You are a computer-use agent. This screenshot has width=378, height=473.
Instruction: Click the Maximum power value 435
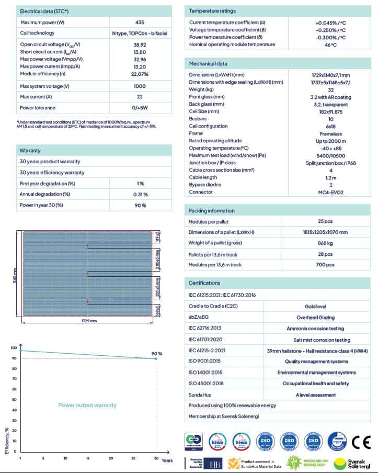coord(139,22)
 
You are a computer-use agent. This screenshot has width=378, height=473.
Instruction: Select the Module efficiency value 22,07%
coord(139,74)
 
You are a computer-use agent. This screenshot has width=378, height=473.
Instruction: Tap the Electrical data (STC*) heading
coord(44,11)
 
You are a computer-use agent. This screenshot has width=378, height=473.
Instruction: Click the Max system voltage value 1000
coord(139,86)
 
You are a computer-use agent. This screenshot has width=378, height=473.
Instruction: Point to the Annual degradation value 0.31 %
coord(140,194)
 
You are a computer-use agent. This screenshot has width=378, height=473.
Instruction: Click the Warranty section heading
coord(30,150)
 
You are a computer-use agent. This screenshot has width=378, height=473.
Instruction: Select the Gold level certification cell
coord(319,306)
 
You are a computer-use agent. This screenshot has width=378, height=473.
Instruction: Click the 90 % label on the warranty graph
coord(157,354)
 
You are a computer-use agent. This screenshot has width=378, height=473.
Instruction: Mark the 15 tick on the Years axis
coord(88,458)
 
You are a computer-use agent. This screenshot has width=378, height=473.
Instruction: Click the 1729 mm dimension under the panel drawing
coord(89,321)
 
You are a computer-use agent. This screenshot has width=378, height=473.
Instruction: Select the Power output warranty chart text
coord(87,405)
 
